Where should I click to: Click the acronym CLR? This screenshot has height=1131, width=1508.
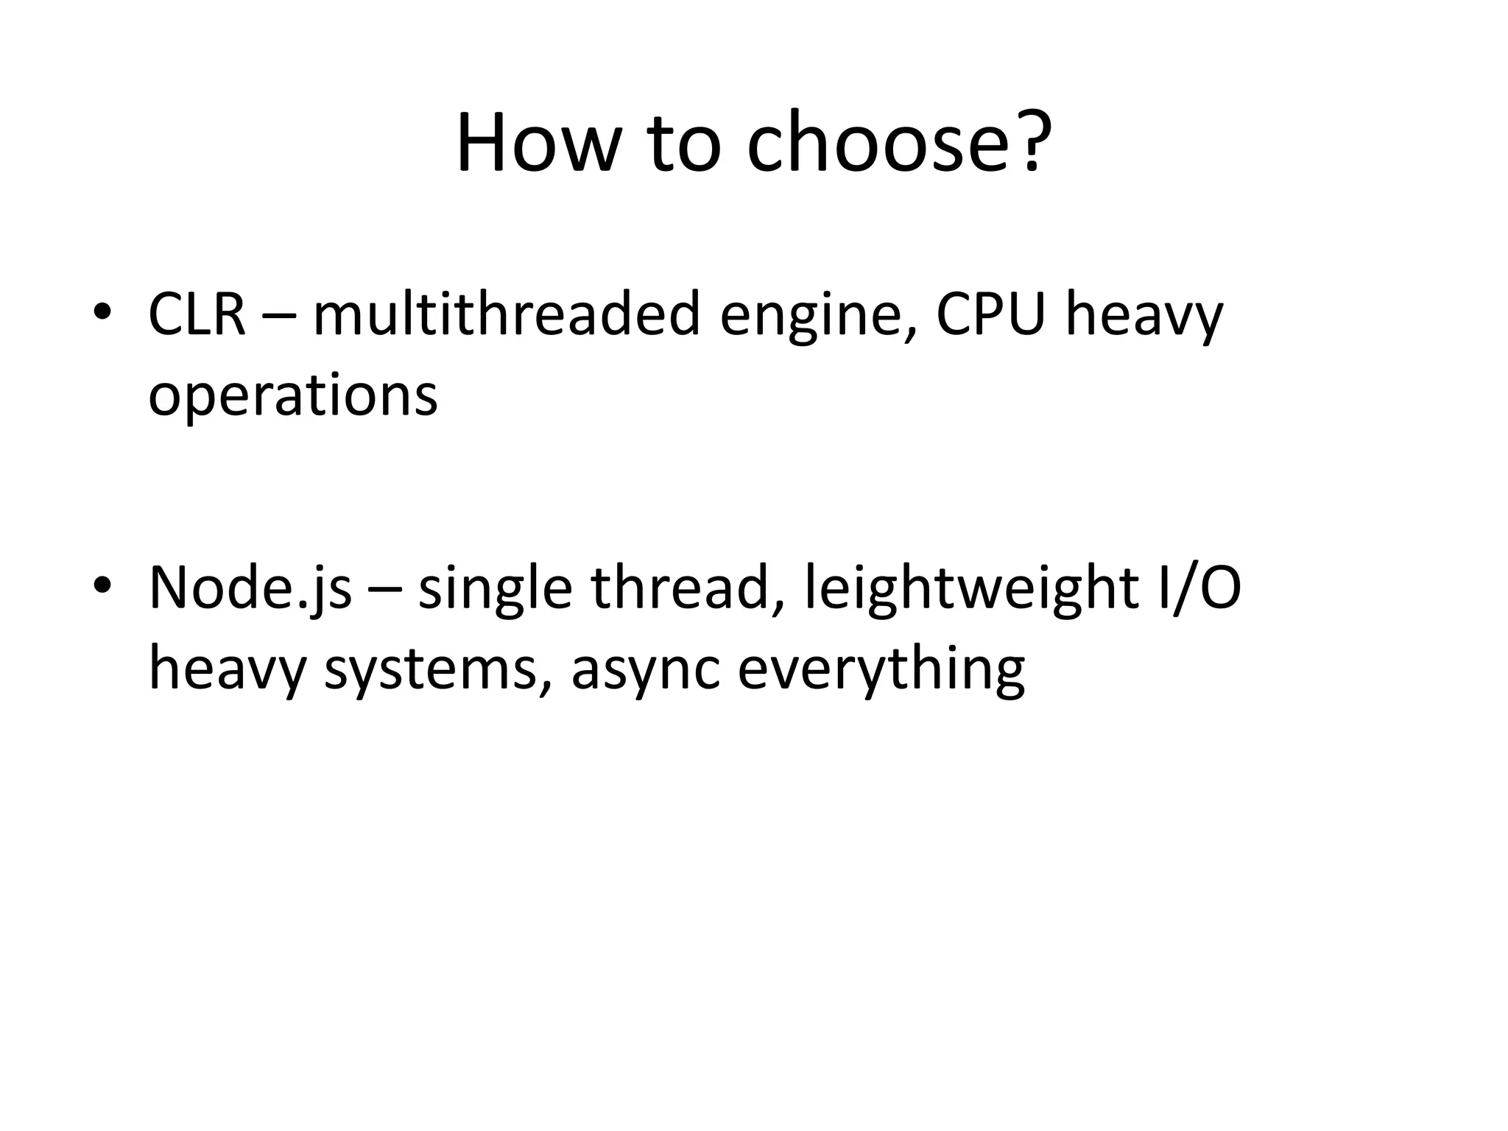[197, 314]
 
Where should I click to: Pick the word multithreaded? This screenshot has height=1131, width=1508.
[507, 314]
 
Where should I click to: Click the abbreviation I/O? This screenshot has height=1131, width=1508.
[1199, 588]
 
